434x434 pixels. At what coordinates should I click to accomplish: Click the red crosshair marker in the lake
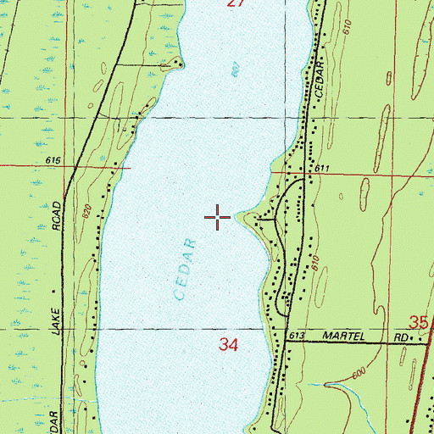(218, 218)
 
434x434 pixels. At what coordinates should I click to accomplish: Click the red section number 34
(228, 345)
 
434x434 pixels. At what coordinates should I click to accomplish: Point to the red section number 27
(236, 4)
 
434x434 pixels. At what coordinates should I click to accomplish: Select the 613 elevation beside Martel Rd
(295, 337)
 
